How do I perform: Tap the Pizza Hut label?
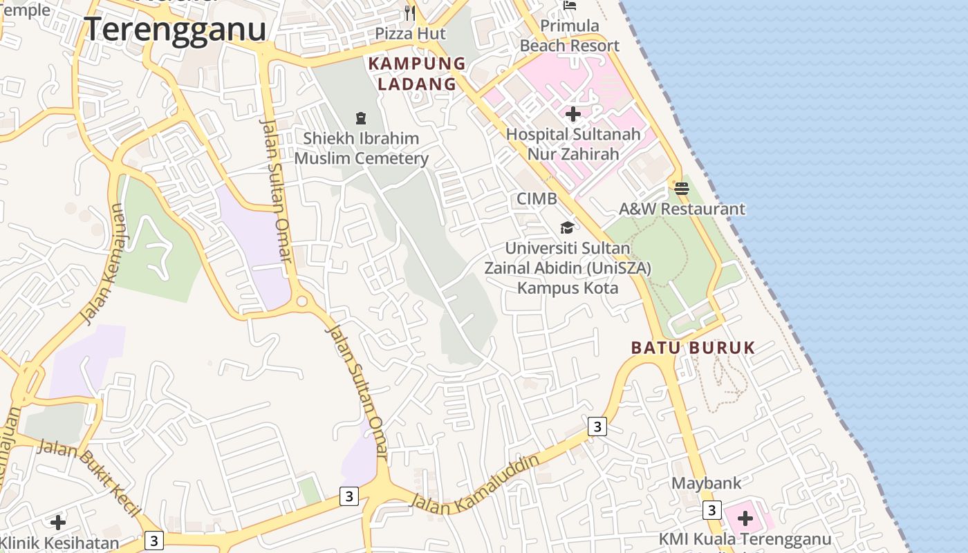click(x=411, y=33)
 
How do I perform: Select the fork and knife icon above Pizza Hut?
click(x=410, y=12)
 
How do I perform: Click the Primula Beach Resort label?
click(x=570, y=36)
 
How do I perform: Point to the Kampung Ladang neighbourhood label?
click(x=417, y=73)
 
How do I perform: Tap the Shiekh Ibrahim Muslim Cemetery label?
click(x=361, y=148)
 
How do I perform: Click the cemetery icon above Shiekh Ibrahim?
click(x=360, y=118)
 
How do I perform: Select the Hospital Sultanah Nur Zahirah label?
click(x=573, y=144)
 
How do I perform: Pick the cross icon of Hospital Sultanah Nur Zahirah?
click(x=573, y=114)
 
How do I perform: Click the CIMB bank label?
click(x=537, y=199)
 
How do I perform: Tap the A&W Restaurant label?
click(x=682, y=209)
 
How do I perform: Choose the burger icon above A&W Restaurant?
click(x=682, y=188)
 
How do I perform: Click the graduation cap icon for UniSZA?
click(x=567, y=227)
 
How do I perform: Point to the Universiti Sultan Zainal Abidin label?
click(x=567, y=267)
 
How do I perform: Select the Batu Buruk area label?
click(x=693, y=348)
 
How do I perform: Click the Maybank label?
click(x=706, y=482)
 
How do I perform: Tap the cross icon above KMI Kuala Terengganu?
click(x=745, y=518)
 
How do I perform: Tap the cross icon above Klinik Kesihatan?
click(x=58, y=522)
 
